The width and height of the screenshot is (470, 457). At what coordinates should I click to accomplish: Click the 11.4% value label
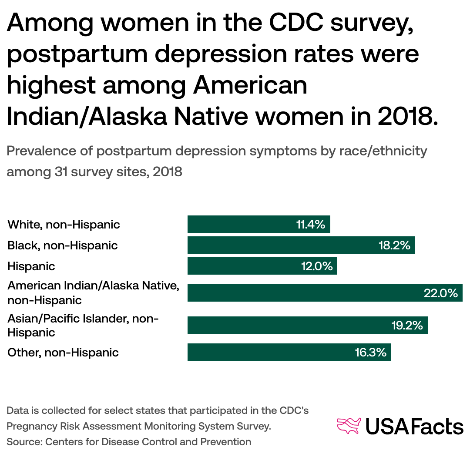311,225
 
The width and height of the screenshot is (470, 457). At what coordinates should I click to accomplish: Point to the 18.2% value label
394,245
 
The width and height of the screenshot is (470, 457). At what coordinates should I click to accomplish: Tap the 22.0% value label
441,293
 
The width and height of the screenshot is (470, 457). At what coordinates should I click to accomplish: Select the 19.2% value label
407,326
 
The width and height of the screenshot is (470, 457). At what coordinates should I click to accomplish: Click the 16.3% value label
371,352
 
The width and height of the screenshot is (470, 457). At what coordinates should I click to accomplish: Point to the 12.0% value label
317,266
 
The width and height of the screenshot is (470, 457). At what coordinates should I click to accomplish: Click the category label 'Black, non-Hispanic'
63,245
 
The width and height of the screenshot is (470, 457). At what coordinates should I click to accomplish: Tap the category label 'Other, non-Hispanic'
63,352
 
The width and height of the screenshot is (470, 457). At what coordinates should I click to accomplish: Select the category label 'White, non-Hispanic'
64,225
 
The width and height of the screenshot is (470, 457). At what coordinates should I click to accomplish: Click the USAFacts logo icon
349,426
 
